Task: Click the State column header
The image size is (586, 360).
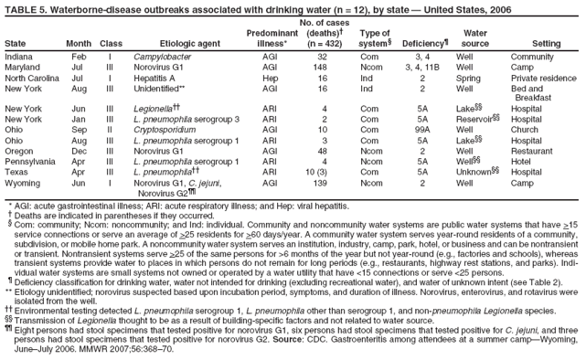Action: click(x=16, y=43)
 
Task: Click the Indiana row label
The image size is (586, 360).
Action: click(x=20, y=56)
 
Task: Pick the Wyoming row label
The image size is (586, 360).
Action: click(x=24, y=184)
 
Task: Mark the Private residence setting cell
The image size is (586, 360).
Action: click(x=548, y=79)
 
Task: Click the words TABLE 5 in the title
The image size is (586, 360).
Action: click(x=26, y=7)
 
